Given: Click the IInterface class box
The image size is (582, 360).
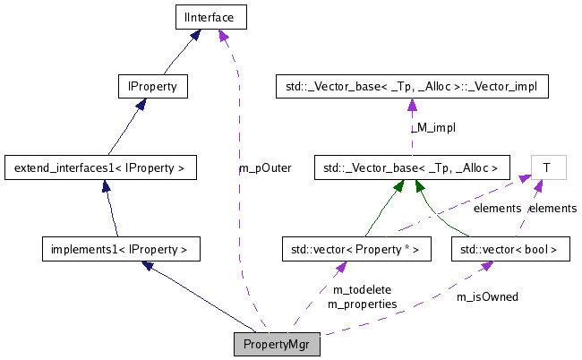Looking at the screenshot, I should (210, 15).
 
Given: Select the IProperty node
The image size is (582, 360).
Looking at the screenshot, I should (152, 87).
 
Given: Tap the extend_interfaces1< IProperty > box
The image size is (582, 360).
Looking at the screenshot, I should (99, 167).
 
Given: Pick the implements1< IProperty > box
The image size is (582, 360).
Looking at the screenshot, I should (119, 248).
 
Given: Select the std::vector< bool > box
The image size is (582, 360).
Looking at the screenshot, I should (509, 248).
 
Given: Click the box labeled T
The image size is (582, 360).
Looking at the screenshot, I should (546, 167).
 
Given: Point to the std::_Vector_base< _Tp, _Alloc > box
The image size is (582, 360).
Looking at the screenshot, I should (411, 167).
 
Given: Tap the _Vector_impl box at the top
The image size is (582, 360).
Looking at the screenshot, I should (411, 87).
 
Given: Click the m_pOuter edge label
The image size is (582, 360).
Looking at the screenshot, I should (265, 167).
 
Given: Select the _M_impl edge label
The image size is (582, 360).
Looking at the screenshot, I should (433, 128).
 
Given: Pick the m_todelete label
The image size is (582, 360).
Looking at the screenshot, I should (363, 289).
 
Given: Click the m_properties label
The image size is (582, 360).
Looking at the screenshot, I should (363, 304).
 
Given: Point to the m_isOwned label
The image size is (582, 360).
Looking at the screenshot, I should (487, 296).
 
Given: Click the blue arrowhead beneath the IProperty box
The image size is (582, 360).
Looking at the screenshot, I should (141, 104).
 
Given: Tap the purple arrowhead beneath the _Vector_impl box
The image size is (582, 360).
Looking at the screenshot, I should (411, 105).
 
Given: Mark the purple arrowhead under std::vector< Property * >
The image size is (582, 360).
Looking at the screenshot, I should (341, 266).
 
